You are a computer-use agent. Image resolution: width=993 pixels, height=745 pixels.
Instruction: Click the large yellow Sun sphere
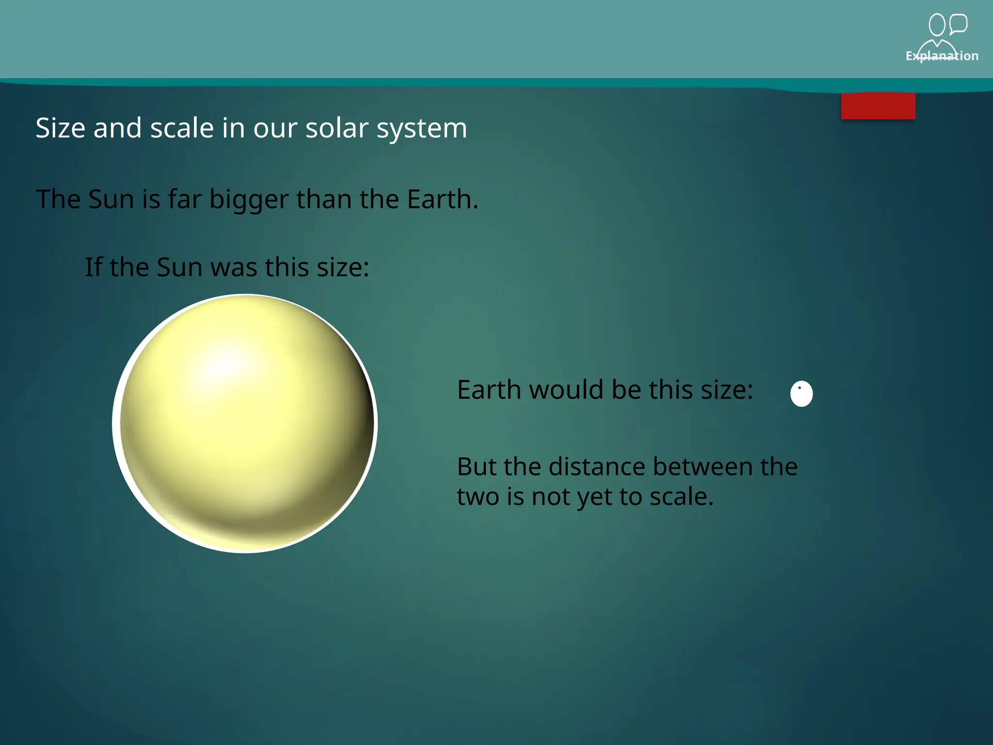(x=245, y=423)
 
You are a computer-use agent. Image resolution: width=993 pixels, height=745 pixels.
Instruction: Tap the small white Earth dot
(x=801, y=393)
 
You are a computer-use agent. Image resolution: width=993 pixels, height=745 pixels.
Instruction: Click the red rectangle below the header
(x=878, y=106)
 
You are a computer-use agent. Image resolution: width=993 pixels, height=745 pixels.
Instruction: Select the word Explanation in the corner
(x=942, y=56)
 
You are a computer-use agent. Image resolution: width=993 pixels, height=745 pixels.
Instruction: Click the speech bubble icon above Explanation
(x=958, y=24)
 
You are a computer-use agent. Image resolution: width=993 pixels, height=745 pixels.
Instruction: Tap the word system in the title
(x=421, y=128)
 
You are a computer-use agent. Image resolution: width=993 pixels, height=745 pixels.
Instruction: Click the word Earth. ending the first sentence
(x=442, y=199)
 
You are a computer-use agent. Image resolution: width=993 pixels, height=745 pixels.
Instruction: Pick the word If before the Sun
(x=94, y=267)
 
